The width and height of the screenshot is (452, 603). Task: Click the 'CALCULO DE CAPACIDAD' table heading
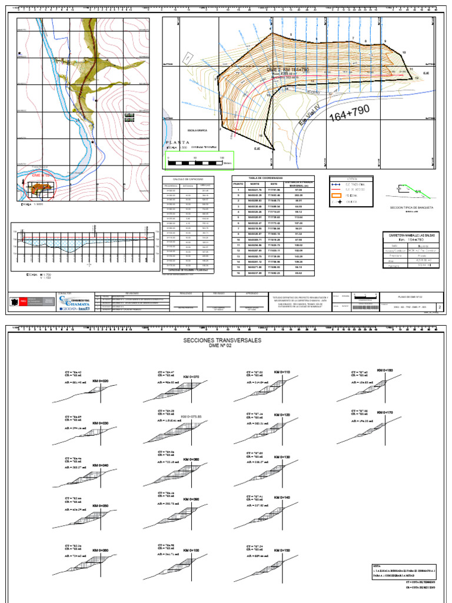[188, 178]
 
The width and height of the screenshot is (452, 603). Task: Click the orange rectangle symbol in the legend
[337, 196]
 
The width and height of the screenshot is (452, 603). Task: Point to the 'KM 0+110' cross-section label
[284, 372]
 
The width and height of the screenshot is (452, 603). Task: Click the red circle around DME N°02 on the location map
[39, 187]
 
